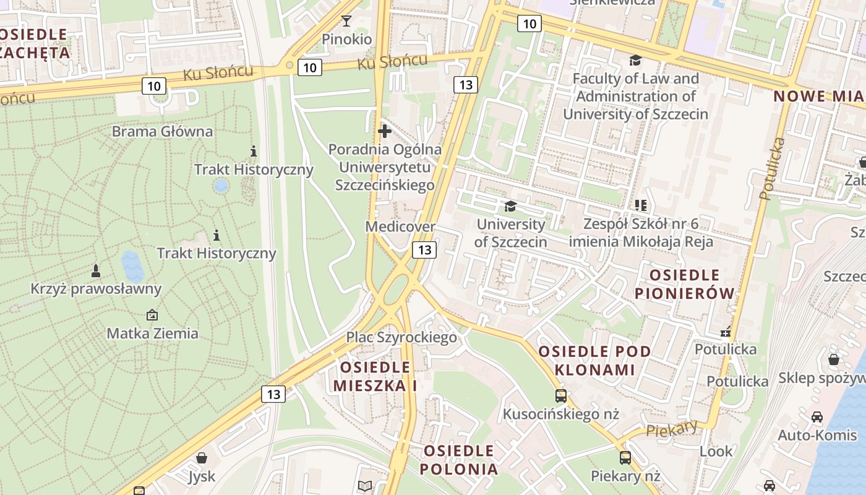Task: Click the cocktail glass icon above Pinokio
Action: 346,22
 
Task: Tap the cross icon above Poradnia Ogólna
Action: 385,131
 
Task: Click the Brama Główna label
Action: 162,131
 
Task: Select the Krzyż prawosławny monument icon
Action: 96,271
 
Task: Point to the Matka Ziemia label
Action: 152,334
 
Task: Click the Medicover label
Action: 400,226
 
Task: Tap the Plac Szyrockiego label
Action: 401,337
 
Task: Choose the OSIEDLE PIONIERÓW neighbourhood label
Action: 685,283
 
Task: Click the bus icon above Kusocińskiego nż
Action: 560,396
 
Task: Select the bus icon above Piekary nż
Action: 625,458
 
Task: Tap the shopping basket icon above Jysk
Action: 201,458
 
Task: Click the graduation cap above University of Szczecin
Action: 510,206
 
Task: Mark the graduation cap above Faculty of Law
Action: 635,61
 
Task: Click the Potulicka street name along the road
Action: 773,168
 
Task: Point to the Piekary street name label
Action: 672,429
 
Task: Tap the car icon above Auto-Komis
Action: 817,417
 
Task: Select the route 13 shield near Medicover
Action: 424,250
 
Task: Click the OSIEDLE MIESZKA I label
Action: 375,376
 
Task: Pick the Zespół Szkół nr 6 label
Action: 641,233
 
